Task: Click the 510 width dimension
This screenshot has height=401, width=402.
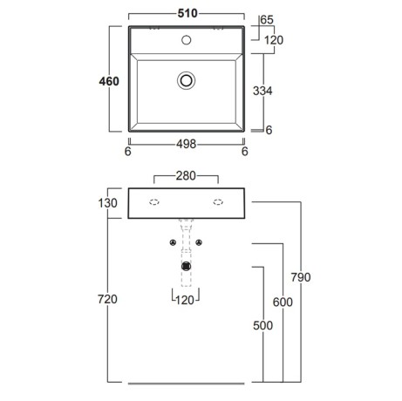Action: click(x=187, y=13)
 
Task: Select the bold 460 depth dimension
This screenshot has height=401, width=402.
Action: click(x=109, y=81)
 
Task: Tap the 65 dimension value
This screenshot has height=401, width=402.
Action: click(x=267, y=20)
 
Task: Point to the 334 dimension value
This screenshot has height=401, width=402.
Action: click(x=262, y=91)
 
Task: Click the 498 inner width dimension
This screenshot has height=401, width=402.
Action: click(x=187, y=144)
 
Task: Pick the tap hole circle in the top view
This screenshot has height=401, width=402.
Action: click(x=187, y=40)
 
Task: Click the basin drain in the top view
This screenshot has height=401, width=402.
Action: click(x=186, y=80)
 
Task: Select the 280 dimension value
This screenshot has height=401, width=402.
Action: click(x=186, y=176)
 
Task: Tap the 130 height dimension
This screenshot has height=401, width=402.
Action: click(x=107, y=203)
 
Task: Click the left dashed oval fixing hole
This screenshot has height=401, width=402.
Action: click(x=154, y=202)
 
